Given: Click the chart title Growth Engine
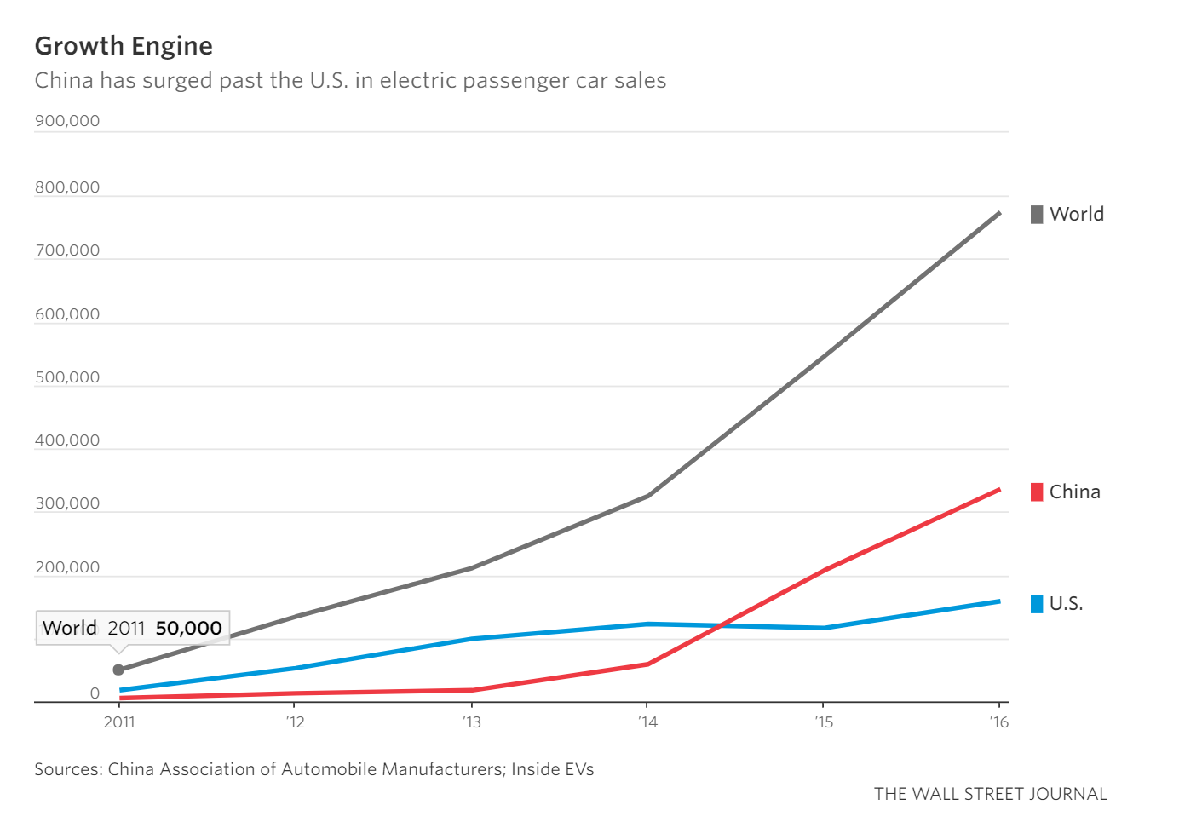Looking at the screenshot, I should [x=124, y=46].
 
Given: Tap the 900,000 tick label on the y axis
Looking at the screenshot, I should [x=67, y=121].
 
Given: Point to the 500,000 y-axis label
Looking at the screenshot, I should [x=67, y=377].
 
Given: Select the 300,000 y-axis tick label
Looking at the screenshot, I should [x=67, y=503].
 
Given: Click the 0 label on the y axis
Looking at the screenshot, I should [x=95, y=693].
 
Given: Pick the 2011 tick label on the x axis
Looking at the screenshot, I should [x=119, y=722].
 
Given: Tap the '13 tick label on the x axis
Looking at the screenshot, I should [x=471, y=722].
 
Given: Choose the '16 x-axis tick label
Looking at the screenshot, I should [x=998, y=722].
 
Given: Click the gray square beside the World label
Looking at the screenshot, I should [x=1037, y=214].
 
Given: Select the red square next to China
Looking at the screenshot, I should [x=1037, y=492].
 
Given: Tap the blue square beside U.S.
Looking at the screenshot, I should [x=1037, y=604].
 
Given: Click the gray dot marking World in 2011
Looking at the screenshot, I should [x=118, y=670].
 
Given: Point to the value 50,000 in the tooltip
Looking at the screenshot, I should [x=188, y=628].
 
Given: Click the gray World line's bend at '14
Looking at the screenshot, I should [x=647, y=496].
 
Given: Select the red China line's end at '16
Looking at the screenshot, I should [x=998, y=490].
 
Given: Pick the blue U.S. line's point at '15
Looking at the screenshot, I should [x=823, y=628].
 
